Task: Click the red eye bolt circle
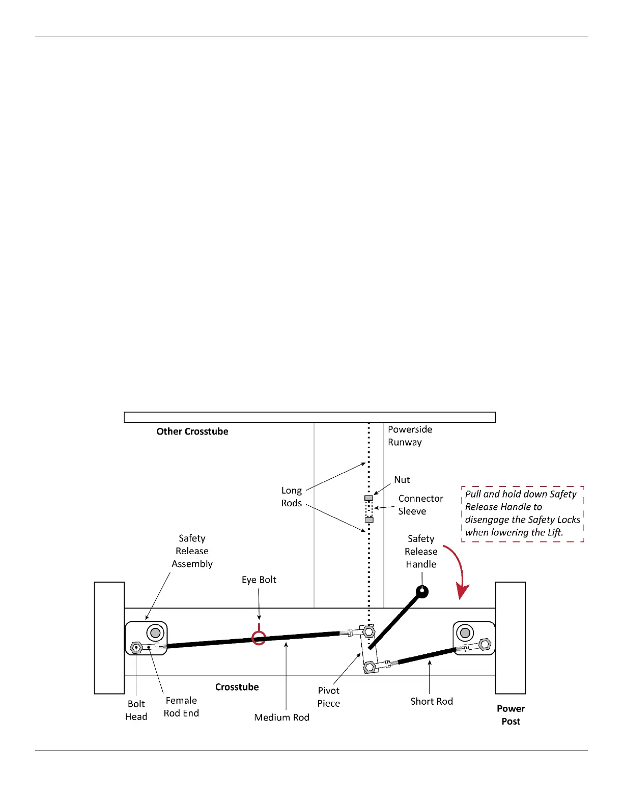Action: pyautogui.click(x=259, y=638)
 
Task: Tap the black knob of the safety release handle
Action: pyautogui.click(x=422, y=591)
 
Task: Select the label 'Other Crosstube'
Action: pyautogui.click(x=192, y=431)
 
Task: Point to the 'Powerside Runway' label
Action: pyautogui.click(x=410, y=436)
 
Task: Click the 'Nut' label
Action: pyautogui.click(x=402, y=480)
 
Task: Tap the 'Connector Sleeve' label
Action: pyautogui.click(x=420, y=505)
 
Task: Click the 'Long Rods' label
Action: pyautogui.click(x=292, y=497)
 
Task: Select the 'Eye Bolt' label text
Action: pyautogui.click(x=259, y=580)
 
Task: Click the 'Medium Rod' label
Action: pyautogui.click(x=281, y=717)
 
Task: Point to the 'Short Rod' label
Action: pyautogui.click(x=431, y=701)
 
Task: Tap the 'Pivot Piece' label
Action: pyautogui.click(x=328, y=697)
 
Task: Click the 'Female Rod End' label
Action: pyautogui.click(x=181, y=707)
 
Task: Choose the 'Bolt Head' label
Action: pyautogui.click(x=136, y=710)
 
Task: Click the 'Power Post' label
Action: pyautogui.click(x=511, y=714)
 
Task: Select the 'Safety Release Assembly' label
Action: pyautogui.click(x=192, y=551)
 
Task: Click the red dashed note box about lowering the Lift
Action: pyautogui.click(x=522, y=513)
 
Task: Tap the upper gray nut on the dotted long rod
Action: pyautogui.click(x=369, y=498)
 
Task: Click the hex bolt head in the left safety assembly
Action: pyautogui.click(x=136, y=648)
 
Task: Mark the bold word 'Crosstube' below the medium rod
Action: pyautogui.click(x=237, y=687)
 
